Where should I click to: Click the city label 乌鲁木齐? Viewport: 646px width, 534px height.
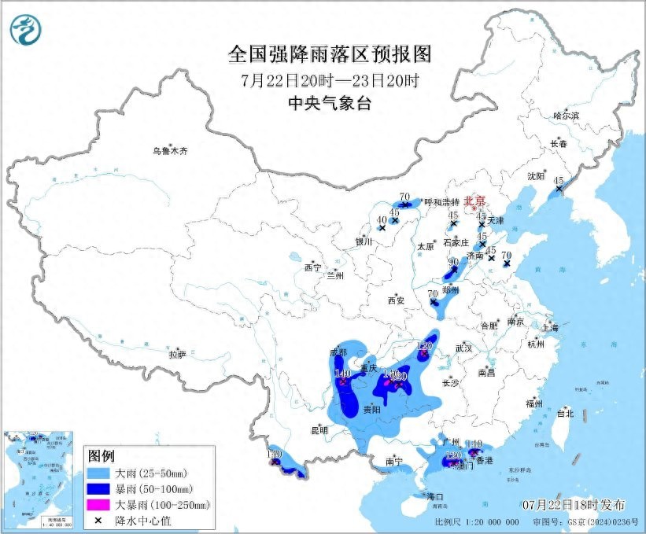tap(171, 149)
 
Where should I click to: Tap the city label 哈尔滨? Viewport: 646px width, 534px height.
tap(565, 116)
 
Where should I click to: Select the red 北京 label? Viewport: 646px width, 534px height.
tap(475, 201)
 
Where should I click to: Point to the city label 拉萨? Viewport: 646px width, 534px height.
tap(177, 355)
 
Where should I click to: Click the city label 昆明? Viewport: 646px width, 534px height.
tap(319, 430)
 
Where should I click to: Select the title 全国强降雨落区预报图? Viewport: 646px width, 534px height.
tap(330, 53)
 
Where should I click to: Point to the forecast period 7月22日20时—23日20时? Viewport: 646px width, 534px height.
tap(330, 80)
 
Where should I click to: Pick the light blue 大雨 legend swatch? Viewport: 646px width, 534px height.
tap(101, 473)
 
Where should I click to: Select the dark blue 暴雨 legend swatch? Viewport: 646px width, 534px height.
tap(101, 489)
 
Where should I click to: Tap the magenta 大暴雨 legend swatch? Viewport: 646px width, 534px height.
tap(101, 505)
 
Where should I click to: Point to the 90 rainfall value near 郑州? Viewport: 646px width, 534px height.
tap(453, 263)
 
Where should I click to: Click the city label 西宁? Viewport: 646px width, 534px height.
tap(312, 267)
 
